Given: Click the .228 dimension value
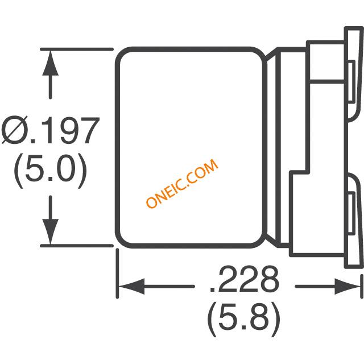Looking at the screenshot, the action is point(244,279).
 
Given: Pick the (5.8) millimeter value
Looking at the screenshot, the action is point(244,318).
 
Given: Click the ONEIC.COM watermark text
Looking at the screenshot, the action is point(183,184).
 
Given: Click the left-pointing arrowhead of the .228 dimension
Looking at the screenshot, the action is point(131,286).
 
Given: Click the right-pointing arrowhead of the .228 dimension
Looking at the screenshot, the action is point(348,286).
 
